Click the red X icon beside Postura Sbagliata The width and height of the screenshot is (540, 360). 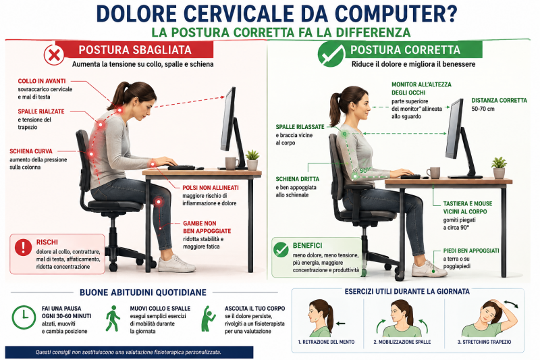54,55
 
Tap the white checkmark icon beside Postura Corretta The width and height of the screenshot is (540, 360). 331,54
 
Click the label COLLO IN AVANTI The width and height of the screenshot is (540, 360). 42,81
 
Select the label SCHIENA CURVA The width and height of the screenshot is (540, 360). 31,151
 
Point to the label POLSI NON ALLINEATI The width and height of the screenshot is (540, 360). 211,188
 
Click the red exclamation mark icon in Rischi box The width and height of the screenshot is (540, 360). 24,247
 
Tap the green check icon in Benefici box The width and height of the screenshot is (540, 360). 281,249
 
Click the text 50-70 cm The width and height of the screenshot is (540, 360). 483,109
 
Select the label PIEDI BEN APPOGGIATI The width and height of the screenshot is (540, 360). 470,251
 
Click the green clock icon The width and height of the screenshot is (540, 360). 24,317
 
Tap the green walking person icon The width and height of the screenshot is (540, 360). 113,318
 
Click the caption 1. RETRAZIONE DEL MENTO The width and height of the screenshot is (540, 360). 326,342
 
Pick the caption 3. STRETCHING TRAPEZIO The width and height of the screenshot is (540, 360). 484,342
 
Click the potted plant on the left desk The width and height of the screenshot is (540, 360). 252,160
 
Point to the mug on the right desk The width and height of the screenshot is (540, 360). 433,173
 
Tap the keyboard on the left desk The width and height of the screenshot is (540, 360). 182,168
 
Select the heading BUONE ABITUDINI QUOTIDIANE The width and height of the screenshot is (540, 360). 143,292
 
